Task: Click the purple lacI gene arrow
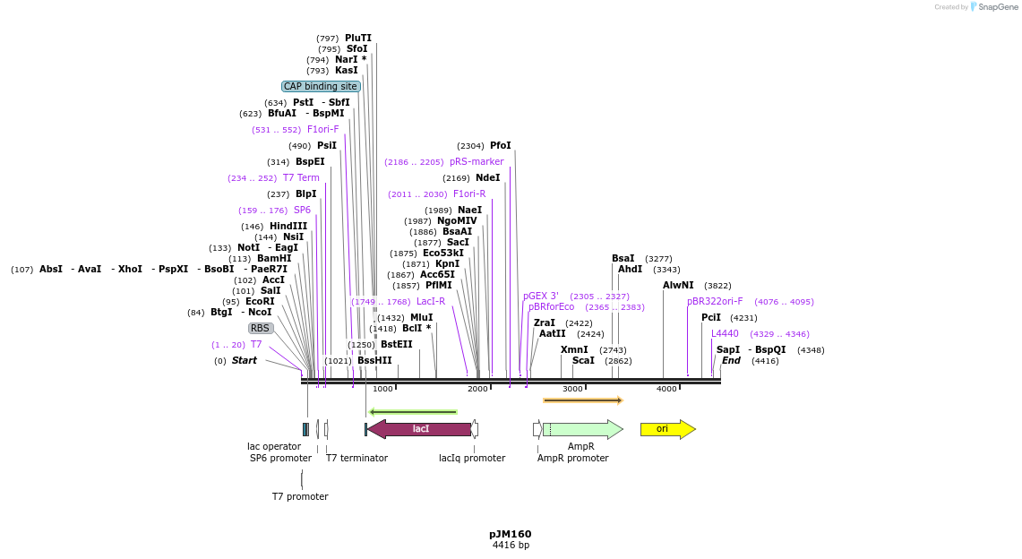[420, 429]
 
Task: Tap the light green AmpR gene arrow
[582, 429]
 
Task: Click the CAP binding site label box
[321, 87]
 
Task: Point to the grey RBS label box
[260, 329]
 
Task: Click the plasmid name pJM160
[510, 534]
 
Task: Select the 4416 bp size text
[510, 546]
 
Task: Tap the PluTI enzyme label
[357, 39]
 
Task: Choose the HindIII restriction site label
[288, 227]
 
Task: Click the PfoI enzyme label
[500, 146]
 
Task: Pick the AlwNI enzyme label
[678, 286]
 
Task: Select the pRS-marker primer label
[477, 162]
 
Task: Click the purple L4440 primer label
[725, 334]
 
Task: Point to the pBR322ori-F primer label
[715, 302]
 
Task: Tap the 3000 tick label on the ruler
[572, 389]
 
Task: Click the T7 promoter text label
[300, 496]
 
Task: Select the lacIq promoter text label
[471, 459]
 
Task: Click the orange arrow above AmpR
[582, 400]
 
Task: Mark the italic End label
[731, 361]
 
